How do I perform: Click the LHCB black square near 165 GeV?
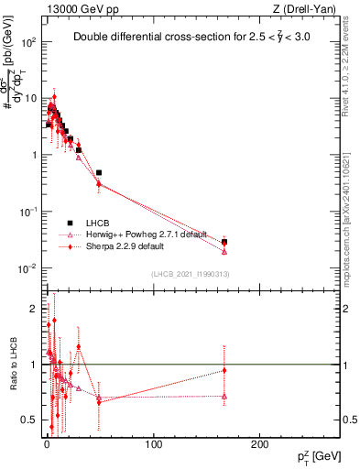click(x=224, y=242)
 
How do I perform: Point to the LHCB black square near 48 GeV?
click(x=99, y=172)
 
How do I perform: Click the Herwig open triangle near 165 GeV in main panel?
click(x=224, y=251)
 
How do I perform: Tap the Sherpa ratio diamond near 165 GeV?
click(x=224, y=370)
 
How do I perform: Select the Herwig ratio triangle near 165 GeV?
click(x=224, y=396)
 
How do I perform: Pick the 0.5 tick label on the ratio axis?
click(x=30, y=420)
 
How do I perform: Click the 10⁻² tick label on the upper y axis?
click(x=28, y=267)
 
